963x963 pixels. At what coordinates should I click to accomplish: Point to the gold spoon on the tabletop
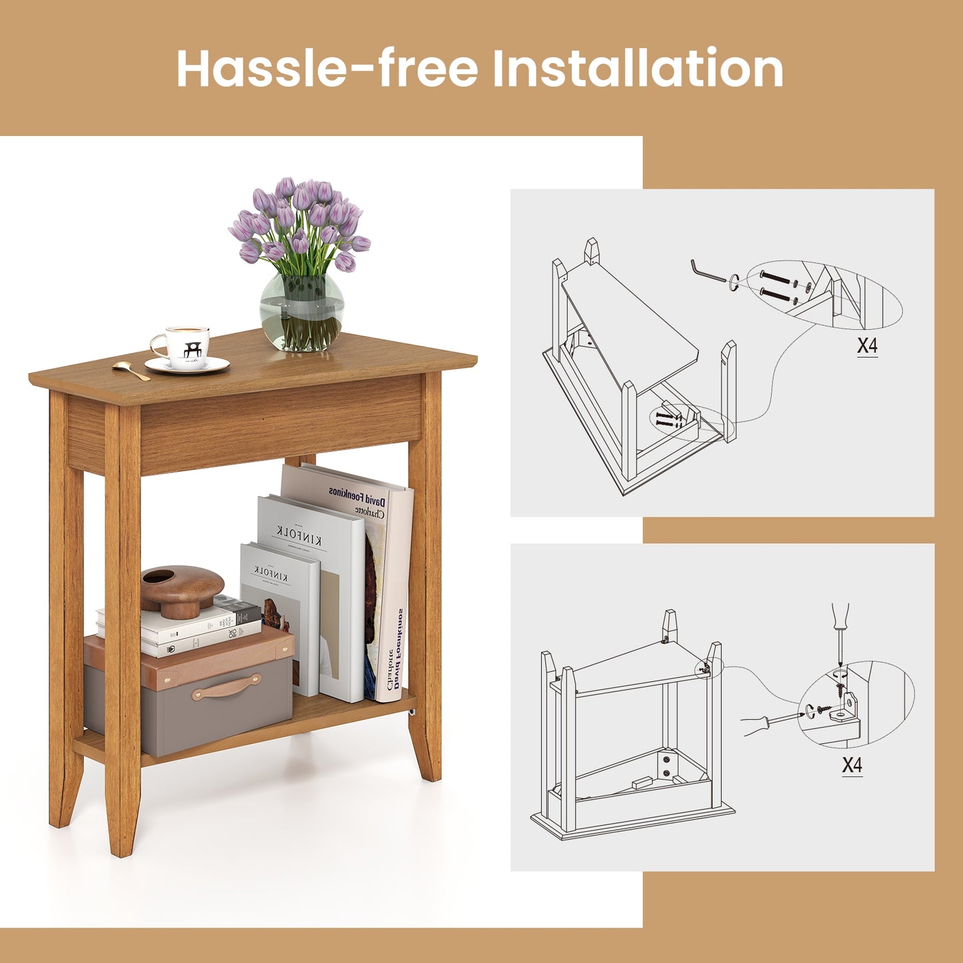(131, 371)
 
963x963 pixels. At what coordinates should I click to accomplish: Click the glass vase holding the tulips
(302, 312)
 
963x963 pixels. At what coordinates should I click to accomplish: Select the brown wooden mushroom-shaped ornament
(182, 589)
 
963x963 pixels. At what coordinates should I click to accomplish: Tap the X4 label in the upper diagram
(867, 346)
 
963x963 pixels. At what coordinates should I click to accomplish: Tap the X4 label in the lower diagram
(852, 765)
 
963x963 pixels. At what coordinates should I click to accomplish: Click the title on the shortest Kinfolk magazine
(271, 572)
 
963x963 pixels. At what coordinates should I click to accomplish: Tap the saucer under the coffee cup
(187, 366)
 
